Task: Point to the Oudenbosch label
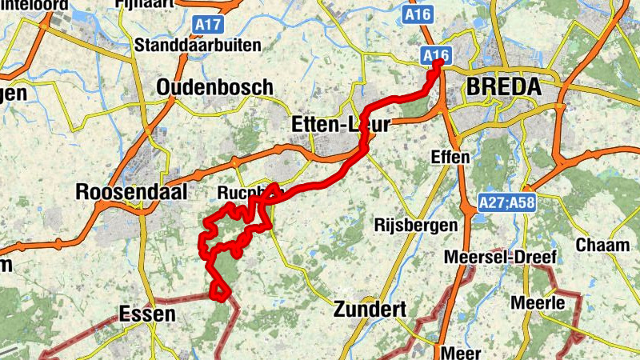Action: (214, 87)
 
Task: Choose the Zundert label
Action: (371, 309)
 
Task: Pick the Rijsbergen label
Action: (416, 226)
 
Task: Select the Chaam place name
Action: (602, 245)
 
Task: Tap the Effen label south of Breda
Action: (450, 157)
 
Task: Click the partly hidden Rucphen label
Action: (238, 194)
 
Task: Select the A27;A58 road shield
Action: (507, 203)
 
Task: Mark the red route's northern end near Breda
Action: (438, 63)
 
